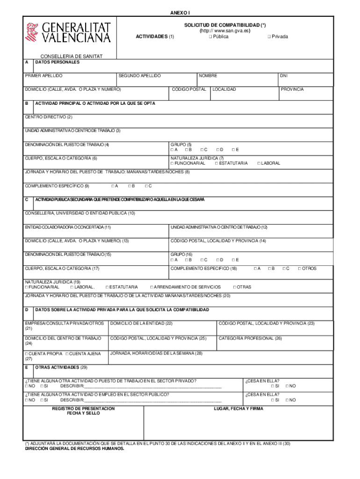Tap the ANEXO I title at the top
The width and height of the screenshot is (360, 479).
tap(180, 13)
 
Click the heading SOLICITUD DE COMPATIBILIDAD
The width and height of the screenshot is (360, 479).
tap(225, 24)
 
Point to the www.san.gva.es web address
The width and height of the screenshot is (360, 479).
tap(225, 30)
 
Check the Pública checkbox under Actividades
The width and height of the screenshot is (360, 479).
tap(211, 36)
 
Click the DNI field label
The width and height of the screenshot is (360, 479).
tap(283, 76)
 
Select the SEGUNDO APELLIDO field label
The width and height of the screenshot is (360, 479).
tap(139, 76)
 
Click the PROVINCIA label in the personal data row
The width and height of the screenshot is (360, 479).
tap(292, 89)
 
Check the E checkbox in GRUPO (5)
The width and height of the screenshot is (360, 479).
tap(233, 150)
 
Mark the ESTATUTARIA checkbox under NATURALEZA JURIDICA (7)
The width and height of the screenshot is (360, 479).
tap(216, 163)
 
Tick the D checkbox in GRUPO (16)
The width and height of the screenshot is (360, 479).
tap(217, 260)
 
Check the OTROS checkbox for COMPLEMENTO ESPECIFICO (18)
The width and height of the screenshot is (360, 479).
tap(299, 269)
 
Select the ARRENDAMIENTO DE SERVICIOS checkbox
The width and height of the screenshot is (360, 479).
tap(151, 287)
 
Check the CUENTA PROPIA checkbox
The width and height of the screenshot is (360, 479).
tap(27, 354)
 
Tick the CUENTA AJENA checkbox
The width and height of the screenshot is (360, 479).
tap(67, 354)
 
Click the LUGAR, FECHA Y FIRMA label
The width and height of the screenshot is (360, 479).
tap(238, 408)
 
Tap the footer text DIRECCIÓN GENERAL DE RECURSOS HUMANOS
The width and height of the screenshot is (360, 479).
tap(74, 448)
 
